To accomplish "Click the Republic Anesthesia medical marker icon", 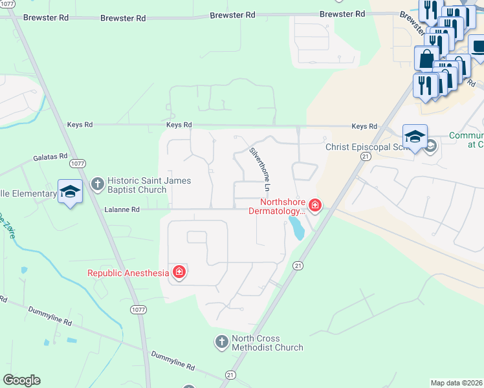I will [x=179, y=272].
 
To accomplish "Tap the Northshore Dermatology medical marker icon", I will [x=315, y=206].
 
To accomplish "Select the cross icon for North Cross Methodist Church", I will [x=222, y=341].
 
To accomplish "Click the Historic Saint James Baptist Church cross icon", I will [x=98, y=185].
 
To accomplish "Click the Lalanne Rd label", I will [x=122, y=210].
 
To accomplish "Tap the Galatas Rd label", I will [x=50, y=156].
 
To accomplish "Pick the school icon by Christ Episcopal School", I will [x=415, y=136].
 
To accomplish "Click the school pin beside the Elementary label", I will [x=70, y=191].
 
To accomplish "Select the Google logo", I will [x=21, y=380].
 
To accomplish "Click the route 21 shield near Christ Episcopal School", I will [x=366, y=156].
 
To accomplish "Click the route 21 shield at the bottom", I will [x=230, y=374].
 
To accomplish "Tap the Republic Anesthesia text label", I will [x=127, y=273].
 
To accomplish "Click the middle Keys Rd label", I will [x=179, y=125].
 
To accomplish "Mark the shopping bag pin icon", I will [x=426, y=58].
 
